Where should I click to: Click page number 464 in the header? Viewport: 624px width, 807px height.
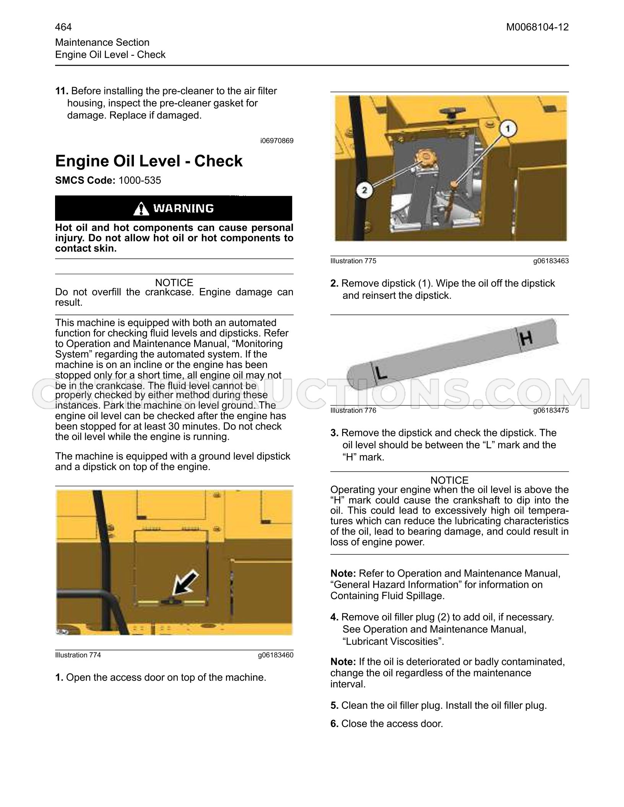[63, 27]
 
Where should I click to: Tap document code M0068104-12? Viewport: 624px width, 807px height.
[538, 27]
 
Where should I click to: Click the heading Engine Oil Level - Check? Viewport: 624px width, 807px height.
[149, 161]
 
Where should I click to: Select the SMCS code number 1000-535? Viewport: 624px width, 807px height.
[140, 180]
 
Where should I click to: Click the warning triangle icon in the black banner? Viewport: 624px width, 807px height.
[142, 208]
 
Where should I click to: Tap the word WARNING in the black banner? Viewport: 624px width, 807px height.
[184, 208]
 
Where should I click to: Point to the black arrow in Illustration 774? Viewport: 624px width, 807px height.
[185, 583]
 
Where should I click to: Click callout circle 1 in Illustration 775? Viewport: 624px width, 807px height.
[507, 130]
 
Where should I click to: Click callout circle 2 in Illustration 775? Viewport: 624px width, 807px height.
[364, 190]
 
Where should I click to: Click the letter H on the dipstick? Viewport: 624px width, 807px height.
[526, 338]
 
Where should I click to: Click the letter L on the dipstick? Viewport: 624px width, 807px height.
[380, 371]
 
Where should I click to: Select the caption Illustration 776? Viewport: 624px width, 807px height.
[353, 410]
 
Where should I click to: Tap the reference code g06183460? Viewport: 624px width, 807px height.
[276, 655]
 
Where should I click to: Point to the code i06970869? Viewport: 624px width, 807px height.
[277, 141]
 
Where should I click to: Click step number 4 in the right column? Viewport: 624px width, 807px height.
[334, 617]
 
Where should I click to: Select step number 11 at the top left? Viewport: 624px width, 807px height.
[62, 91]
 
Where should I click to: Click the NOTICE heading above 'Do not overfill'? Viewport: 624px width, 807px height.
[174, 283]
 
